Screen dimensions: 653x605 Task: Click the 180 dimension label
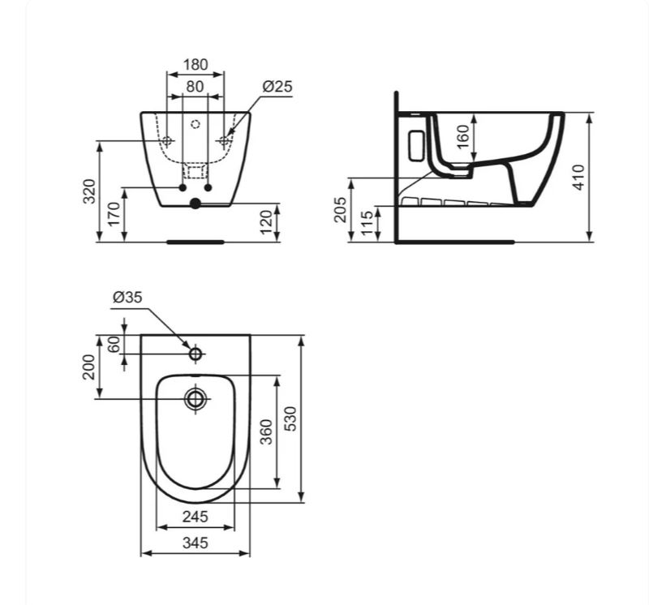pyautogui.click(x=195, y=65)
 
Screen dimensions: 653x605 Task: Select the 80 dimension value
pyautogui.click(x=195, y=87)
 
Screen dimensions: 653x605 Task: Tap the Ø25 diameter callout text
pyautogui.click(x=277, y=87)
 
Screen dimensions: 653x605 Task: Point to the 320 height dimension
pyautogui.click(x=89, y=191)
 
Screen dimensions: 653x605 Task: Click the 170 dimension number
pyautogui.click(x=114, y=213)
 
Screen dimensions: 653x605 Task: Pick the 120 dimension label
pyautogui.click(x=266, y=222)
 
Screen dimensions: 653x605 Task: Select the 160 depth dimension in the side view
pyautogui.click(x=462, y=136)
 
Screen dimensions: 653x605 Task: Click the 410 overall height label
pyautogui.click(x=578, y=178)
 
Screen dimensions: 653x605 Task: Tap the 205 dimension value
pyautogui.click(x=340, y=209)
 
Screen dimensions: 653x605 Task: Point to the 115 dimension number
pyautogui.click(x=367, y=223)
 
